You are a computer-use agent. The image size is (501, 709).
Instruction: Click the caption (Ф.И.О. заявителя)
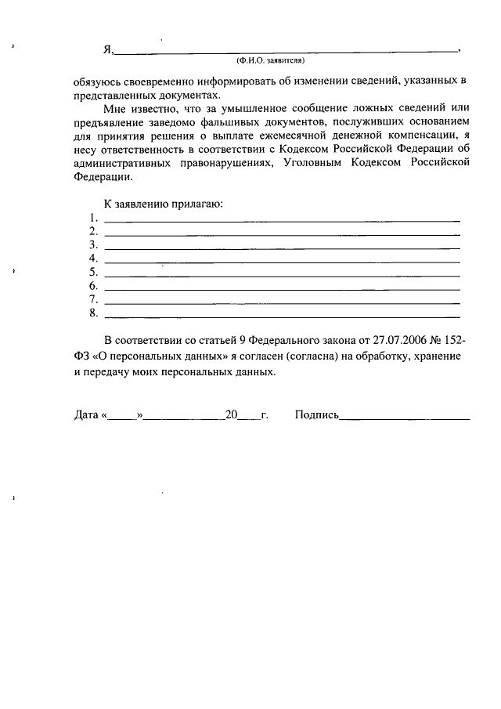(x=270, y=60)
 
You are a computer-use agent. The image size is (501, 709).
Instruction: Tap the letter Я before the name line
(x=108, y=49)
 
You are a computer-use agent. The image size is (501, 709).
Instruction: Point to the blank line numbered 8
(x=282, y=316)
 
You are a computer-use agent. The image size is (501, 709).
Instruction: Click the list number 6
(x=93, y=286)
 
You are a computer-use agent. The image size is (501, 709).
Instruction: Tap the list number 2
(x=93, y=231)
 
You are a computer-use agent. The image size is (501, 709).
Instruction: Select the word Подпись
(x=316, y=416)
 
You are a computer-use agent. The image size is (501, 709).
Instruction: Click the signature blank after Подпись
(x=403, y=419)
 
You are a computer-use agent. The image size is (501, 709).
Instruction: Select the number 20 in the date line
(x=231, y=416)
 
